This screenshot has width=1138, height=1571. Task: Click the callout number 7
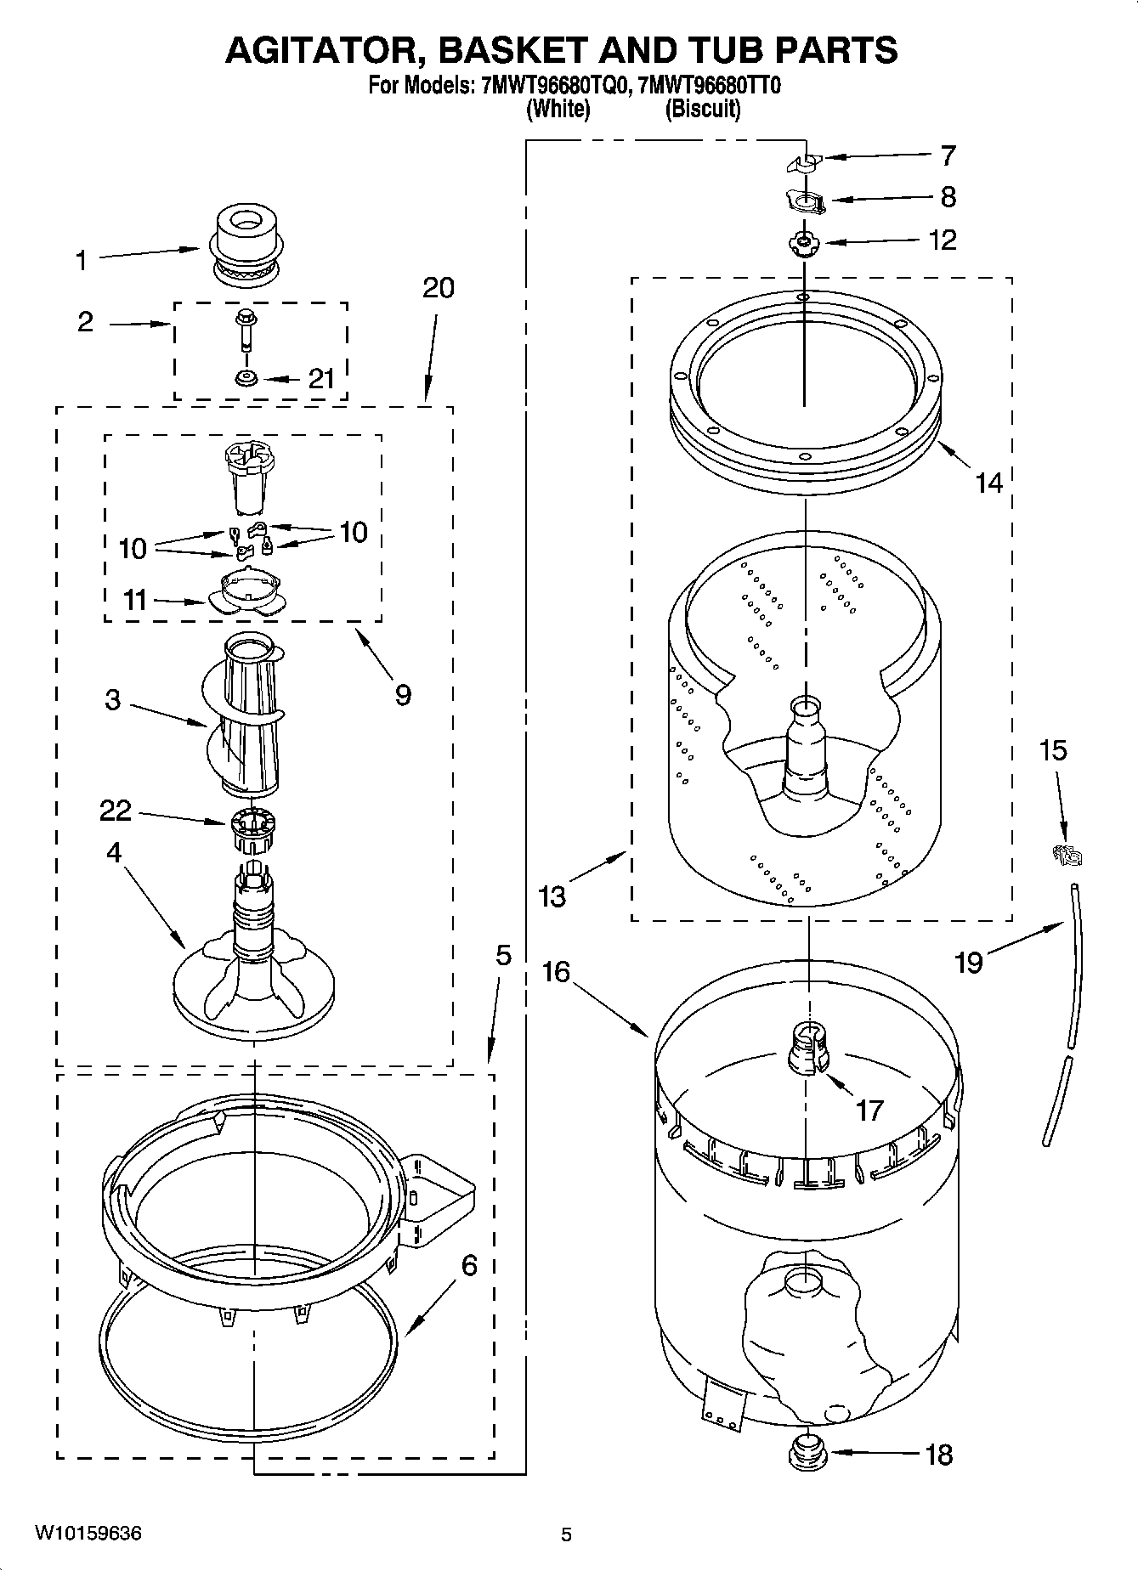click(948, 155)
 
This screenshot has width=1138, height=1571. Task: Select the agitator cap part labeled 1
click(247, 243)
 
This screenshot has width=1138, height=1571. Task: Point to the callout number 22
click(116, 811)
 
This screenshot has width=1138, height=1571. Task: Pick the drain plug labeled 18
click(807, 1453)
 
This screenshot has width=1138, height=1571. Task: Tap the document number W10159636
click(88, 1533)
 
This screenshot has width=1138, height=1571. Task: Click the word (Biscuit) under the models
click(703, 109)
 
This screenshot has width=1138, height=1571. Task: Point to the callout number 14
click(988, 483)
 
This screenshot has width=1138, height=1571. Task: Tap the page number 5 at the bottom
click(566, 1534)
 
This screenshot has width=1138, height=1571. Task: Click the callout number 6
click(468, 1265)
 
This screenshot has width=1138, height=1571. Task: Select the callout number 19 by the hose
click(969, 962)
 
